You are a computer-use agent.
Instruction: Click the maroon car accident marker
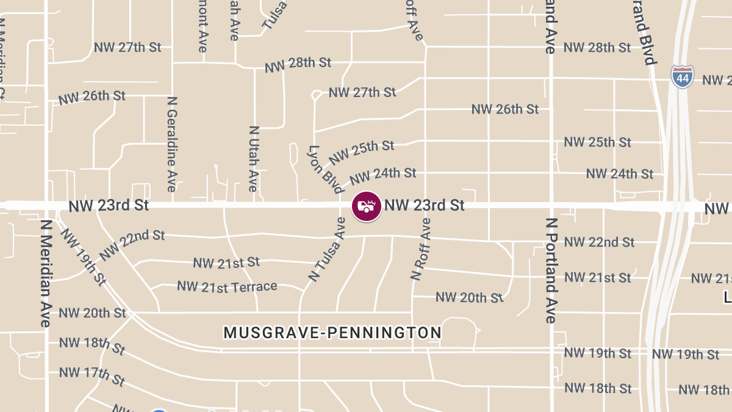[366, 206]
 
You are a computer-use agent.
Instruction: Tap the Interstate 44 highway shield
[683, 77]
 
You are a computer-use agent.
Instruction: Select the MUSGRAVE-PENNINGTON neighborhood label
[332, 333]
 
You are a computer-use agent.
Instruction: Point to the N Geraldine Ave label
[172, 143]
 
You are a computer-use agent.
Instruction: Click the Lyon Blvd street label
[325, 170]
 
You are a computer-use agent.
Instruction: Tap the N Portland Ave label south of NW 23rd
[551, 270]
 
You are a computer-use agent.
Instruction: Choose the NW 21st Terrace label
[227, 286]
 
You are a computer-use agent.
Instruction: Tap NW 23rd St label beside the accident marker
[425, 205]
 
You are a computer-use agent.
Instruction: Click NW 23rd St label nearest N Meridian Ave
[109, 206]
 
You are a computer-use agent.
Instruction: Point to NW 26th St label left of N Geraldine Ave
[91, 97]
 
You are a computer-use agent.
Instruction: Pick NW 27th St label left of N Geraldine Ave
[127, 48]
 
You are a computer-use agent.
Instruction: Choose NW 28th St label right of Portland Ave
[597, 48]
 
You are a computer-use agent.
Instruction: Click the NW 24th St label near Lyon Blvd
[382, 176]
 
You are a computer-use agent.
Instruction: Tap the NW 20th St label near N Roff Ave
[469, 297]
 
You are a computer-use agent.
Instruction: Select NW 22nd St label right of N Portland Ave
[599, 242]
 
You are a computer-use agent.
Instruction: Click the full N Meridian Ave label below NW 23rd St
[45, 273]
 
